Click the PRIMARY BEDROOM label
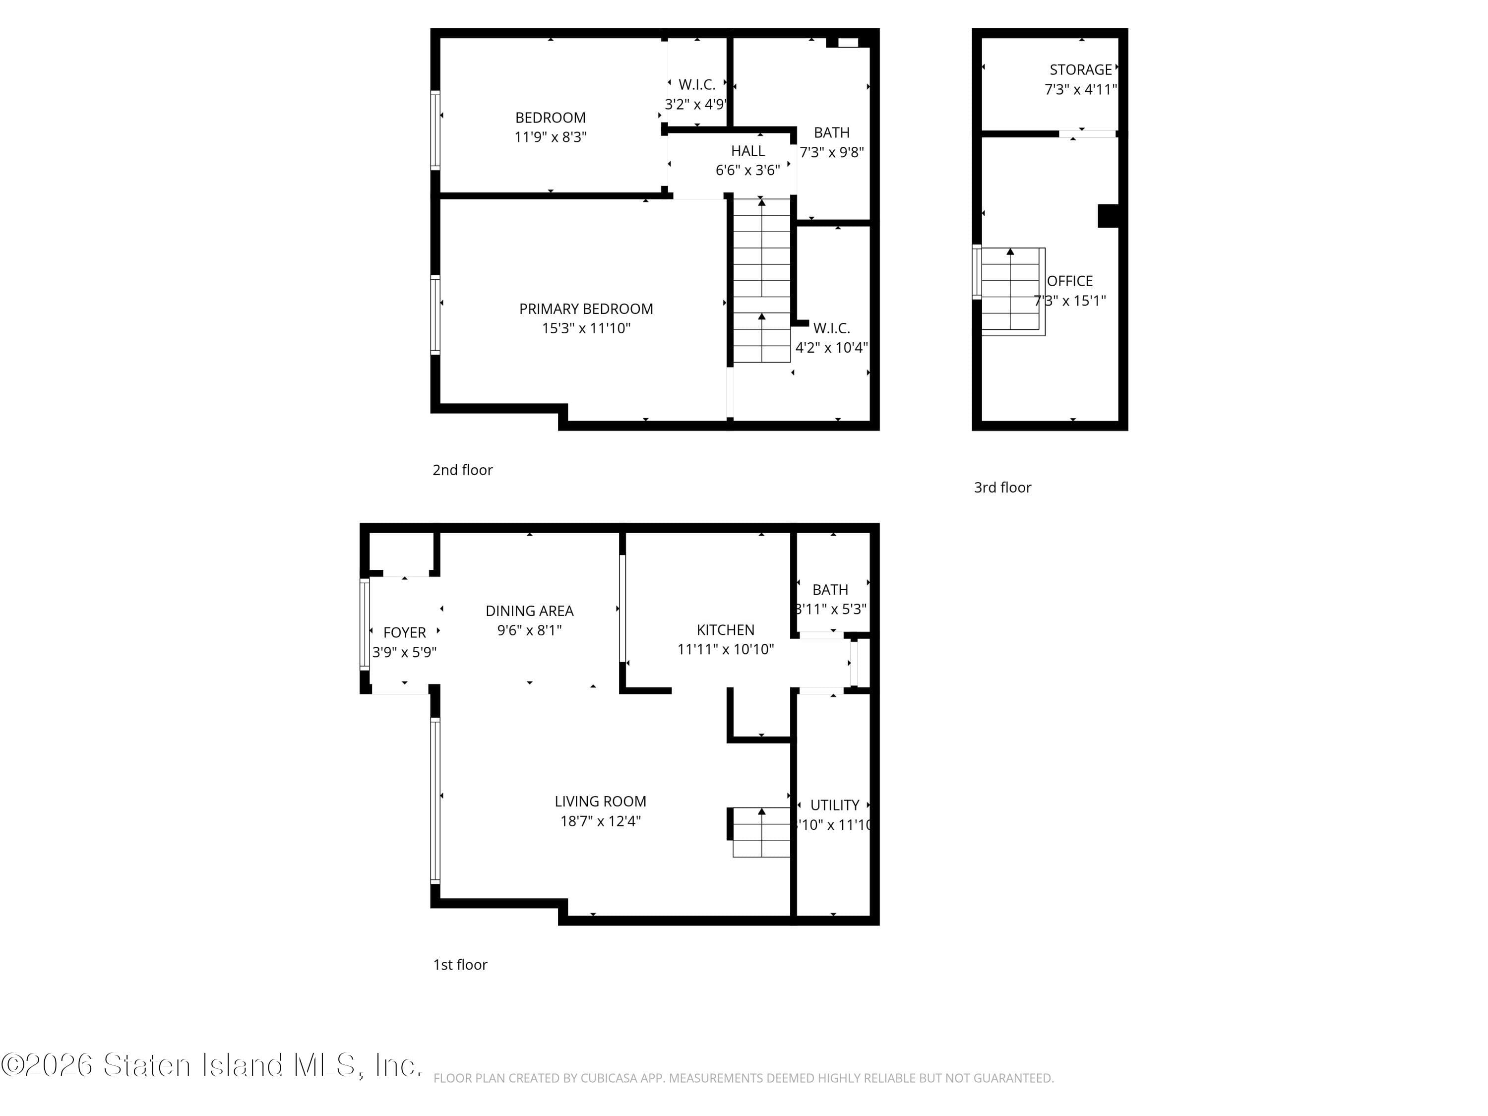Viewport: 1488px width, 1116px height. coord(585,309)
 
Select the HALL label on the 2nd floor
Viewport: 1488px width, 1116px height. coord(747,151)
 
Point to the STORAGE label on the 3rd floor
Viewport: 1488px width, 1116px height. coord(1080,70)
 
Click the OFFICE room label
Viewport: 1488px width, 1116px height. coord(1069,281)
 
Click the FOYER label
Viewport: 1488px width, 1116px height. coord(404,633)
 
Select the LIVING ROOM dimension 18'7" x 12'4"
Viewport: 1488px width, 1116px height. coord(600,821)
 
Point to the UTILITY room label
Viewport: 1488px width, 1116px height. coord(834,805)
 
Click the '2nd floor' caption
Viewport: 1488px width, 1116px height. coord(462,470)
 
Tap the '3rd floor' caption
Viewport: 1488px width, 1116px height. coord(1002,488)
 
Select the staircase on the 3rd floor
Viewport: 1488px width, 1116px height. coord(1010,291)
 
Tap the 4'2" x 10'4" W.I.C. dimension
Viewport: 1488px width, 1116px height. coord(831,348)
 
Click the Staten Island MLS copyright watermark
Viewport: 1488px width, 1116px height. coord(211,1065)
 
